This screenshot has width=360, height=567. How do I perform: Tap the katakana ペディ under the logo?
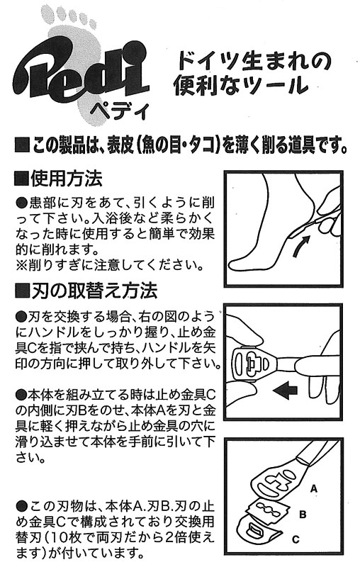click(119, 109)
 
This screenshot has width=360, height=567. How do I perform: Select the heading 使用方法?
click(67, 179)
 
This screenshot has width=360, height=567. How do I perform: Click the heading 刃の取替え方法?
click(94, 291)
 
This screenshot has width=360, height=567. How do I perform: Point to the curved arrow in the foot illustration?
click(300, 246)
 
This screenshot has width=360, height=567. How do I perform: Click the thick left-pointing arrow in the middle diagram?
click(285, 391)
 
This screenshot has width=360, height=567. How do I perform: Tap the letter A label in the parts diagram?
click(314, 489)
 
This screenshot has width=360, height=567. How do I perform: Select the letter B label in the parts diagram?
click(303, 514)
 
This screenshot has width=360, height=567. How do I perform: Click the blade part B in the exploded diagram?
click(266, 509)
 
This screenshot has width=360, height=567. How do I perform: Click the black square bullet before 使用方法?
click(21, 179)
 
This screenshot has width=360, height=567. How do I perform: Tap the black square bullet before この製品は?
click(21, 145)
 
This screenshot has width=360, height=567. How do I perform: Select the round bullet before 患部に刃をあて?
click(22, 203)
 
